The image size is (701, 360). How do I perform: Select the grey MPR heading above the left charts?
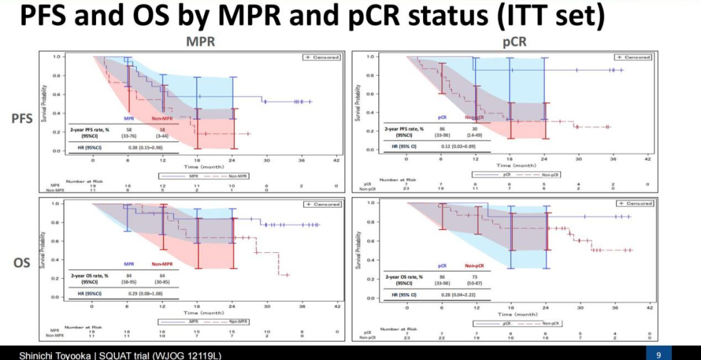click(201, 42)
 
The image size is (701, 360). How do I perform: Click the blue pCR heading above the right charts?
click(515, 42)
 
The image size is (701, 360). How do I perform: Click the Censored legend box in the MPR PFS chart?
click(322, 57)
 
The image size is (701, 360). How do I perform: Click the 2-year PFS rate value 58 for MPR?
click(130, 130)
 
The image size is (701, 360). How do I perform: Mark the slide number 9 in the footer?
click(658, 355)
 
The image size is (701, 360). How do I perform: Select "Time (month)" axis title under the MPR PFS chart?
click(202, 167)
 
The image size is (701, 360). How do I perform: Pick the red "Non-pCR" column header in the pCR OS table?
click(476, 266)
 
